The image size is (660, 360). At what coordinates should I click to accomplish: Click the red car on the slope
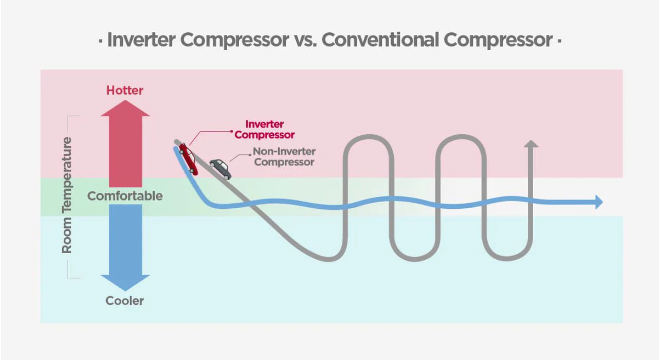click(x=188, y=159)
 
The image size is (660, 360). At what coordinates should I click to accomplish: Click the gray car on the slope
click(x=220, y=168)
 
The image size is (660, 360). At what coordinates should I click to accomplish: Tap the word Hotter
click(x=125, y=91)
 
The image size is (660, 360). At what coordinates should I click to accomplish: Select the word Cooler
click(x=125, y=301)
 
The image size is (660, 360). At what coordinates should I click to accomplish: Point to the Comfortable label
click(x=125, y=196)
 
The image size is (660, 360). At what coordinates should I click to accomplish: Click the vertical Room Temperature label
click(x=67, y=195)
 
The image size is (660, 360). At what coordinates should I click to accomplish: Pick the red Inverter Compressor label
click(x=265, y=130)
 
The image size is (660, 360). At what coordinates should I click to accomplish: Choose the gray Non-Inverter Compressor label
click(x=284, y=157)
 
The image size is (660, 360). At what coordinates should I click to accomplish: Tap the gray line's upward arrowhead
click(x=531, y=143)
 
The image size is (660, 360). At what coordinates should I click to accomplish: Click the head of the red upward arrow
click(x=125, y=109)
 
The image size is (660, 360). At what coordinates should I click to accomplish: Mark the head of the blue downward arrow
click(x=125, y=282)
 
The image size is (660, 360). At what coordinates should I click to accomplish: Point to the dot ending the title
click(x=559, y=40)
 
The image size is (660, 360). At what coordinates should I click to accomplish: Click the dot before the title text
click(x=100, y=40)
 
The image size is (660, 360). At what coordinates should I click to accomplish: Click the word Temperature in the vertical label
click(x=67, y=174)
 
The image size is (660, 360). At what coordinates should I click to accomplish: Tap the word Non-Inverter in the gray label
click(x=284, y=152)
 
